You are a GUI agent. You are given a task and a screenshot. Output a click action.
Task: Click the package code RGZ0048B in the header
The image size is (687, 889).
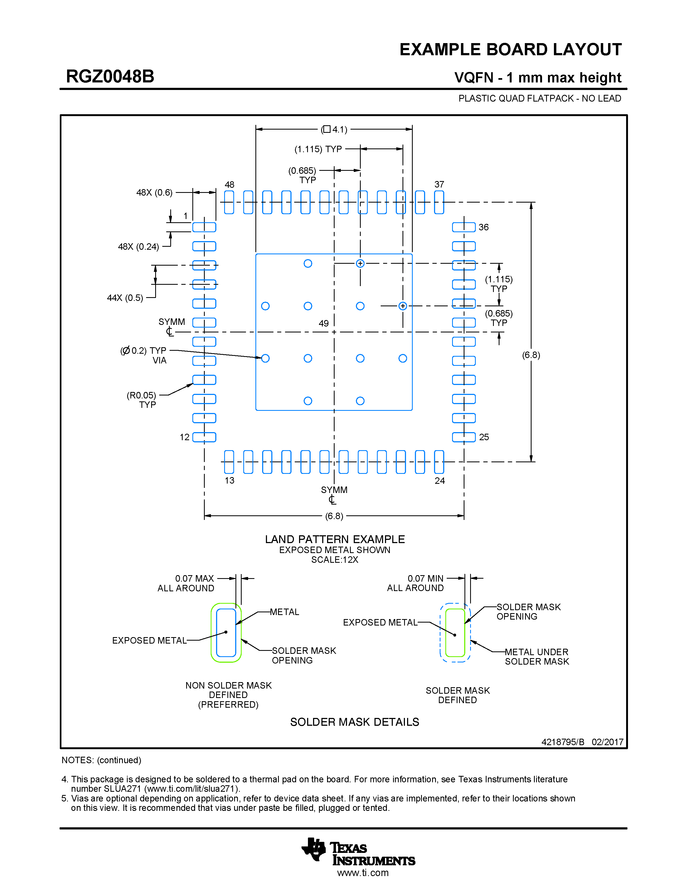click(110, 77)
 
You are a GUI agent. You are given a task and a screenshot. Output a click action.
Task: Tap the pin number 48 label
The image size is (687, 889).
click(230, 184)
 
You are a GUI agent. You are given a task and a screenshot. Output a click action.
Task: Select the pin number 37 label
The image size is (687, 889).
click(439, 184)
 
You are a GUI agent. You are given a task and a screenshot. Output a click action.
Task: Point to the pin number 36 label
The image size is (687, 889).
click(484, 227)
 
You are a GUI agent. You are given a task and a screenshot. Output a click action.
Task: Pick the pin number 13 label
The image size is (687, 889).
click(230, 480)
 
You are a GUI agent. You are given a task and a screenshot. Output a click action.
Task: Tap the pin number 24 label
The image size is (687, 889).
click(440, 481)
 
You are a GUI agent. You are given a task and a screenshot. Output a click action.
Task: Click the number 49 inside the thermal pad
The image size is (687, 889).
click(324, 323)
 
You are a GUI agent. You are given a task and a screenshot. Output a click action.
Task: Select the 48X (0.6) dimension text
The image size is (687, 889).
click(154, 193)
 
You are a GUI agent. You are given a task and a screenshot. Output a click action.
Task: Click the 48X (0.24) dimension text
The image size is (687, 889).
click(138, 247)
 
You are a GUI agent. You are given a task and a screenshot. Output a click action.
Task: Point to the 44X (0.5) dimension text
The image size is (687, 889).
click(125, 298)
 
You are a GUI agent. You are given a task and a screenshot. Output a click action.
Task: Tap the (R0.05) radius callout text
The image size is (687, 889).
click(141, 395)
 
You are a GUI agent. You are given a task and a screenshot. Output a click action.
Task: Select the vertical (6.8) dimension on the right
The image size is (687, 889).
click(531, 355)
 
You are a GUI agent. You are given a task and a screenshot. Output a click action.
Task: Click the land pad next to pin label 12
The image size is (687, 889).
click(204, 437)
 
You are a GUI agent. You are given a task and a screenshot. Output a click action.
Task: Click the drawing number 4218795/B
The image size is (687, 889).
click(563, 742)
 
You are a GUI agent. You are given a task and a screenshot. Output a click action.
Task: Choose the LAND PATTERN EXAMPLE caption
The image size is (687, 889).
click(335, 539)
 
